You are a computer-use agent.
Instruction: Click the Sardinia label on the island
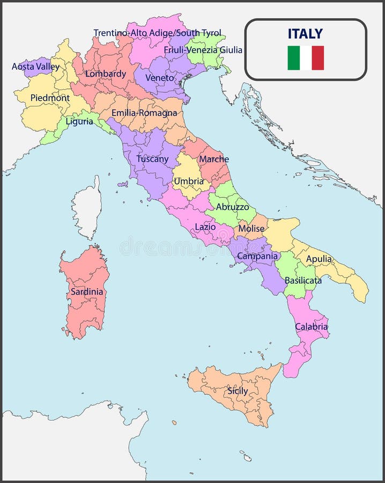point(87,292)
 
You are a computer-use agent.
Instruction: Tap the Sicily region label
point(238,391)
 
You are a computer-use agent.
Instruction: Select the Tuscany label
point(152,159)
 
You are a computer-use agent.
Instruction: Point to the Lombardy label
point(106,74)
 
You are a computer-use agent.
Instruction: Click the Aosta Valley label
point(35,67)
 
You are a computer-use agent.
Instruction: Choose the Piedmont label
point(50,98)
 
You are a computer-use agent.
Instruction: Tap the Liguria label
point(79,121)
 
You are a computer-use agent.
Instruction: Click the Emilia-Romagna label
point(144,113)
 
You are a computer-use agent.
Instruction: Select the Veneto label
point(160,78)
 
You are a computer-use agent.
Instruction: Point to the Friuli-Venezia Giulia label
point(203,50)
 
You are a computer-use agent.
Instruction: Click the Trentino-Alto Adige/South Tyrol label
point(157,33)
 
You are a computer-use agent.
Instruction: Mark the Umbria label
point(189,181)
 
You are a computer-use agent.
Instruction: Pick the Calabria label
point(311,326)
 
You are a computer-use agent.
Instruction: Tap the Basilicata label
point(303,280)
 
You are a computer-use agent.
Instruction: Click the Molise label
point(251,228)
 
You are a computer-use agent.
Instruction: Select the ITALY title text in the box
point(305,33)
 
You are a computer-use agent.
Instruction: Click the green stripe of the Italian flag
point(293,58)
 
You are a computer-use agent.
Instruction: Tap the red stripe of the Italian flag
point(318,58)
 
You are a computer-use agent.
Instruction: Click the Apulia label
point(319,259)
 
